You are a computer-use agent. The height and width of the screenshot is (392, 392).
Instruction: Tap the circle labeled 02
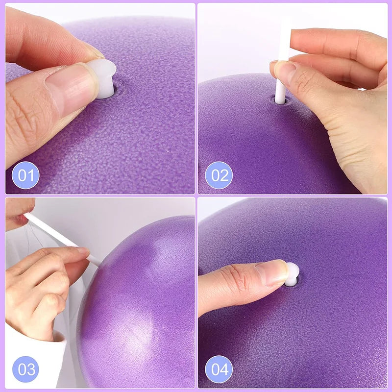coord(219,175)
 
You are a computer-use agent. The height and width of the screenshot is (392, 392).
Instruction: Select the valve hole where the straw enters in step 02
coord(280,100)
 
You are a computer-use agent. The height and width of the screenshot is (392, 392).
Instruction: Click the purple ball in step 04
coord(318,333)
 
